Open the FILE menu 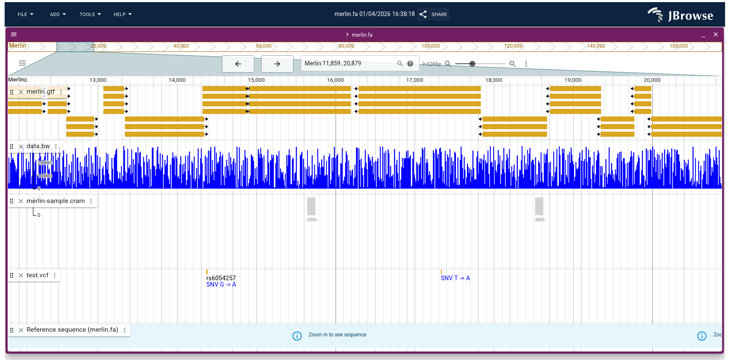(x=25, y=14)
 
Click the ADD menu (x=58, y=14)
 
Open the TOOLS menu (x=90, y=14)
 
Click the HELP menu (x=122, y=14)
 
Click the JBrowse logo (x=680, y=15)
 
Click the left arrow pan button (x=238, y=64)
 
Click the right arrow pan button (x=277, y=64)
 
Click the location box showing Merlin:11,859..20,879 (x=348, y=63)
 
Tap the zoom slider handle (x=472, y=64)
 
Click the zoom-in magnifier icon (x=513, y=64)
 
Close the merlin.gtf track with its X (x=21, y=92)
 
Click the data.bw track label (x=38, y=146)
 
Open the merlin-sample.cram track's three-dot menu (x=91, y=201)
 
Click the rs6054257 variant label (x=221, y=278)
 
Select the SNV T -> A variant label (x=455, y=278)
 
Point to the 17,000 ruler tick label (x=414, y=80)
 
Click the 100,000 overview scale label (x=430, y=46)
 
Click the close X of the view (x=715, y=35)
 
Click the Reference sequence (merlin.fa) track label (x=72, y=330)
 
